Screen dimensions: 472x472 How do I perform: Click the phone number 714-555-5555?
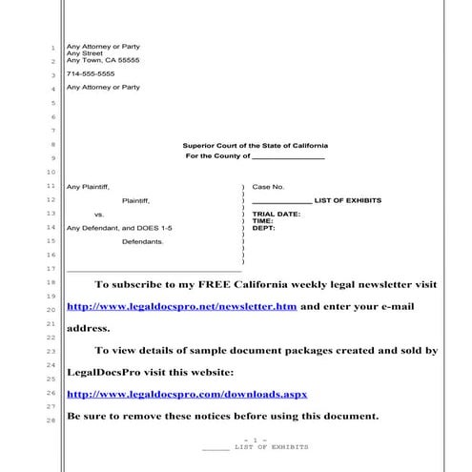[x=90, y=73]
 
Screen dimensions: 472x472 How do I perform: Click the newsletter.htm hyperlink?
[x=181, y=307]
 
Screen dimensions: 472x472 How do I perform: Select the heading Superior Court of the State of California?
[x=255, y=145]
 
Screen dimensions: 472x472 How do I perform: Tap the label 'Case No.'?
[x=268, y=187]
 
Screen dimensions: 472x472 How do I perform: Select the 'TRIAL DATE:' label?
[x=276, y=214]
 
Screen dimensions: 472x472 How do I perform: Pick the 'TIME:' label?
[x=262, y=221]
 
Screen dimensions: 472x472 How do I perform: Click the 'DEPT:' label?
[x=263, y=229]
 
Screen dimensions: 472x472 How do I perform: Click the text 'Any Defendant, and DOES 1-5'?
[x=118, y=229]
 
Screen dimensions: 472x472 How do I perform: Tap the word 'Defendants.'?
[x=143, y=242]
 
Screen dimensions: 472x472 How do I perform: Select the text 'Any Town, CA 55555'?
[x=102, y=60]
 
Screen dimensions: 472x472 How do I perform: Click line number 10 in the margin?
[x=51, y=172]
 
